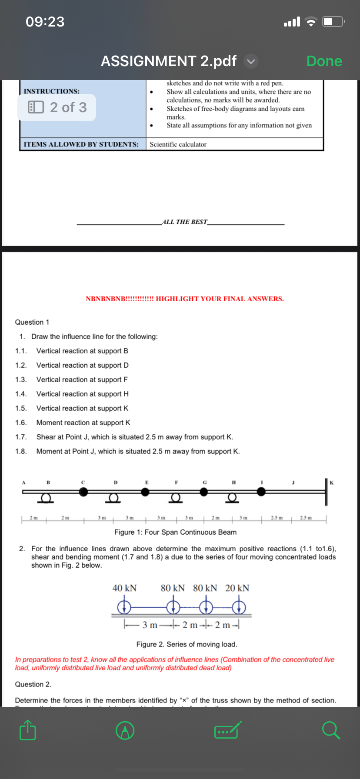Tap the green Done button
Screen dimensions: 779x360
(324, 61)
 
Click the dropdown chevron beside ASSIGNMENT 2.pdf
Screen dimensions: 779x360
(251, 61)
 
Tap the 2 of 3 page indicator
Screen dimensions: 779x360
(57, 107)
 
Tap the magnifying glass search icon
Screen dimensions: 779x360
(331, 730)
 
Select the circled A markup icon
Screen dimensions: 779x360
(125, 731)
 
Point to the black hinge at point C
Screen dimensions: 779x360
(83, 492)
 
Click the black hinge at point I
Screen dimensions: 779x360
(261, 492)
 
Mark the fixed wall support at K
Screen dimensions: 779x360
(326, 492)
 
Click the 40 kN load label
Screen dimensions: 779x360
(124, 588)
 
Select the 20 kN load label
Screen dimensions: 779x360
(237, 588)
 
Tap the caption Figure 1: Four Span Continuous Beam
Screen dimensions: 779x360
(175, 532)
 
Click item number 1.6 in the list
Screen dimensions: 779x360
(20, 423)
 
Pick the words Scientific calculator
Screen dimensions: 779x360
(178, 144)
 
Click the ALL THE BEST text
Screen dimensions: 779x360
(185, 222)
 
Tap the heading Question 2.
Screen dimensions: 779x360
(33, 684)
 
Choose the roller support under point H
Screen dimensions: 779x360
(233, 498)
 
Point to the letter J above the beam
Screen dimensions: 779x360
(293, 483)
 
